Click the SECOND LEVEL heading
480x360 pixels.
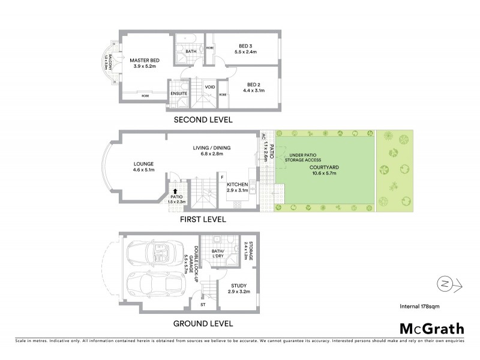point(203,120)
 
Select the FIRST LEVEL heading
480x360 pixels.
point(203,220)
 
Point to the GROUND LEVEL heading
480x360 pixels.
point(203,323)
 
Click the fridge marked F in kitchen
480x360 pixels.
point(223,177)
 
